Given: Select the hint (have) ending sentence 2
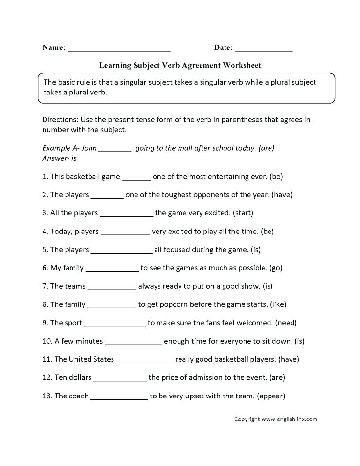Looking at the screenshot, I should coord(282,195).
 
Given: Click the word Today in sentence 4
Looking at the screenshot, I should coord(61,231).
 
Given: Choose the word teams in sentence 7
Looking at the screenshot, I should coord(74,286).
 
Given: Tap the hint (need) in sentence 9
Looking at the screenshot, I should coord(286,323).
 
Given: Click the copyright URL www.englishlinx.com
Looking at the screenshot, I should coord(289,419).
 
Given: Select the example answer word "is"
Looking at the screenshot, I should coord(74,158).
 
